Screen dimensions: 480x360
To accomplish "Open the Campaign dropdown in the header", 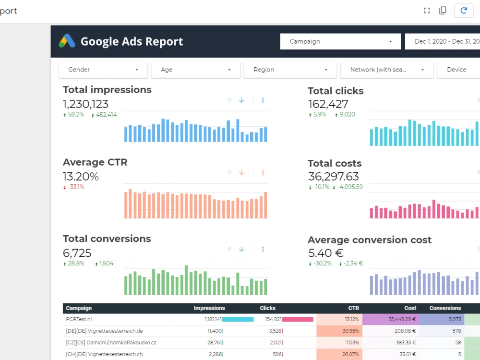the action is [x=340, y=41].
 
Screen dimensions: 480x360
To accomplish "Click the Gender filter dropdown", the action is [x=103, y=70].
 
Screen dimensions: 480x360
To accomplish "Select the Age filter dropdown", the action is [x=196, y=70].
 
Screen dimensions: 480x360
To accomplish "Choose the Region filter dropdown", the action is [x=290, y=70].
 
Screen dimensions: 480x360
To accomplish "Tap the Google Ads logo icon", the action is [x=67, y=41].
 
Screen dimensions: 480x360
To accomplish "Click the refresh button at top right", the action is [x=464, y=11].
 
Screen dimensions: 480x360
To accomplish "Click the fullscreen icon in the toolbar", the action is [x=427, y=11].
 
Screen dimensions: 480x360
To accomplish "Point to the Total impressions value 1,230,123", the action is [x=85, y=104].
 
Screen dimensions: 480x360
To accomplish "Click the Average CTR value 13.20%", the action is [x=81, y=177].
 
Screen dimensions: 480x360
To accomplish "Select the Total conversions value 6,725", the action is [x=77, y=253].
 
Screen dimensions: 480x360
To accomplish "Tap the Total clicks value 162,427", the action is [x=328, y=104].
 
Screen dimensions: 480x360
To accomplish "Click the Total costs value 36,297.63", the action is [x=334, y=177].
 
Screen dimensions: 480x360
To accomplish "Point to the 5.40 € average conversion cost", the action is [x=326, y=253].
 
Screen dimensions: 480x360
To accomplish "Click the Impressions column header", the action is [x=209, y=308].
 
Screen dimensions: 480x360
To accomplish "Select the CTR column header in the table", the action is [x=354, y=308].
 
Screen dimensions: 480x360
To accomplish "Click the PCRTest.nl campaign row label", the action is [x=79, y=319].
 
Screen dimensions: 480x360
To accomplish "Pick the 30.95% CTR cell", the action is [x=350, y=331].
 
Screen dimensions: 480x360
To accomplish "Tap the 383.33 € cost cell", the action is [x=406, y=343].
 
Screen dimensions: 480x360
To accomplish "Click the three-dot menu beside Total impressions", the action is [x=263, y=100].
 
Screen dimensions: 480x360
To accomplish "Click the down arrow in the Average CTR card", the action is [x=241, y=173].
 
